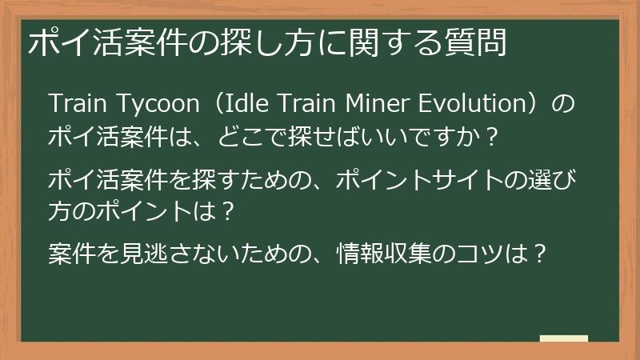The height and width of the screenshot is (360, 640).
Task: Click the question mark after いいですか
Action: tap(494, 136)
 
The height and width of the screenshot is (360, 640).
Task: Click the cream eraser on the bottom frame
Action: tap(564, 339)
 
